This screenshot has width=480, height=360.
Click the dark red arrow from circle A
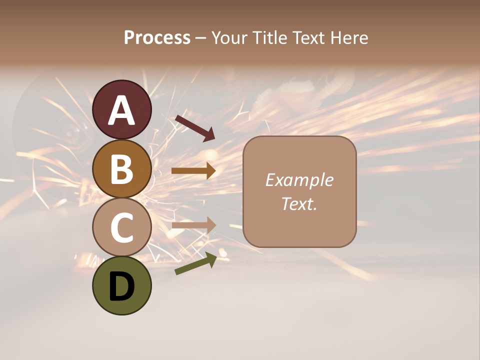pyautogui.click(x=194, y=127)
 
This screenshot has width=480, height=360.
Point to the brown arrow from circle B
pyautogui.click(x=193, y=170)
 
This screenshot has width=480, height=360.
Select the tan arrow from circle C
pyautogui.click(x=193, y=225)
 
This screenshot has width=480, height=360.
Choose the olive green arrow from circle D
pyautogui.click(x=195, y=263)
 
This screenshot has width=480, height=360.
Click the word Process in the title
pyautogui.click(x=157, y=37)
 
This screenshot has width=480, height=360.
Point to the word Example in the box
pyautogui.click(x=299, y=179)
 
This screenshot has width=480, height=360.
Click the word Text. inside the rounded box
pyautogui.click(x=299, y=203)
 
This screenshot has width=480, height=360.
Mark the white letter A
pyautogui.click(x=122, y=110)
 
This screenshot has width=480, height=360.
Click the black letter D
pyautogui.click(x=122, y=287)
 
